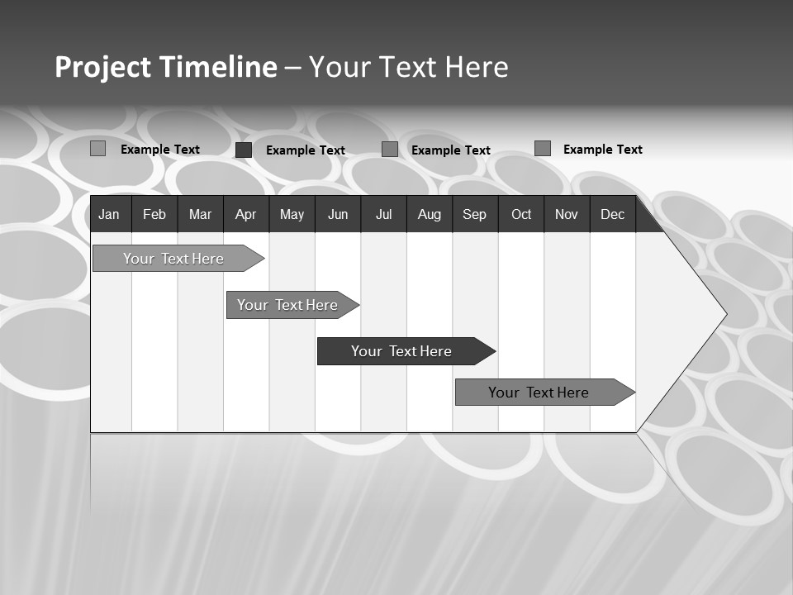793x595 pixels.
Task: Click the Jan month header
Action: pos(109,215)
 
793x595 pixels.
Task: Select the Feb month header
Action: pos(154,215)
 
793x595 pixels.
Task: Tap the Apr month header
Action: pos(245,215)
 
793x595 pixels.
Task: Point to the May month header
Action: pos(292,215)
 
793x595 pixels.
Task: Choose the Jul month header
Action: pos(383,215)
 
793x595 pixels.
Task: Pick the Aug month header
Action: pos(429,215)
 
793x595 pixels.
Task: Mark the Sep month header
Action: pos(474,215)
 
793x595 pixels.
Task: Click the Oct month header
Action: pos(521,215)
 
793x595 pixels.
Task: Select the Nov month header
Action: pos(567,215)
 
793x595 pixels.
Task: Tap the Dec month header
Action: pos(612,215)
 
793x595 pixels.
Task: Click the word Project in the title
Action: pos(103,68)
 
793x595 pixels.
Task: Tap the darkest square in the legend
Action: pos(244,150)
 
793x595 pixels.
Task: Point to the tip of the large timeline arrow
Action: pos(724,313)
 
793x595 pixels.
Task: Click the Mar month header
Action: pos(200,215)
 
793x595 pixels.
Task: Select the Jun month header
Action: pos(338,215)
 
